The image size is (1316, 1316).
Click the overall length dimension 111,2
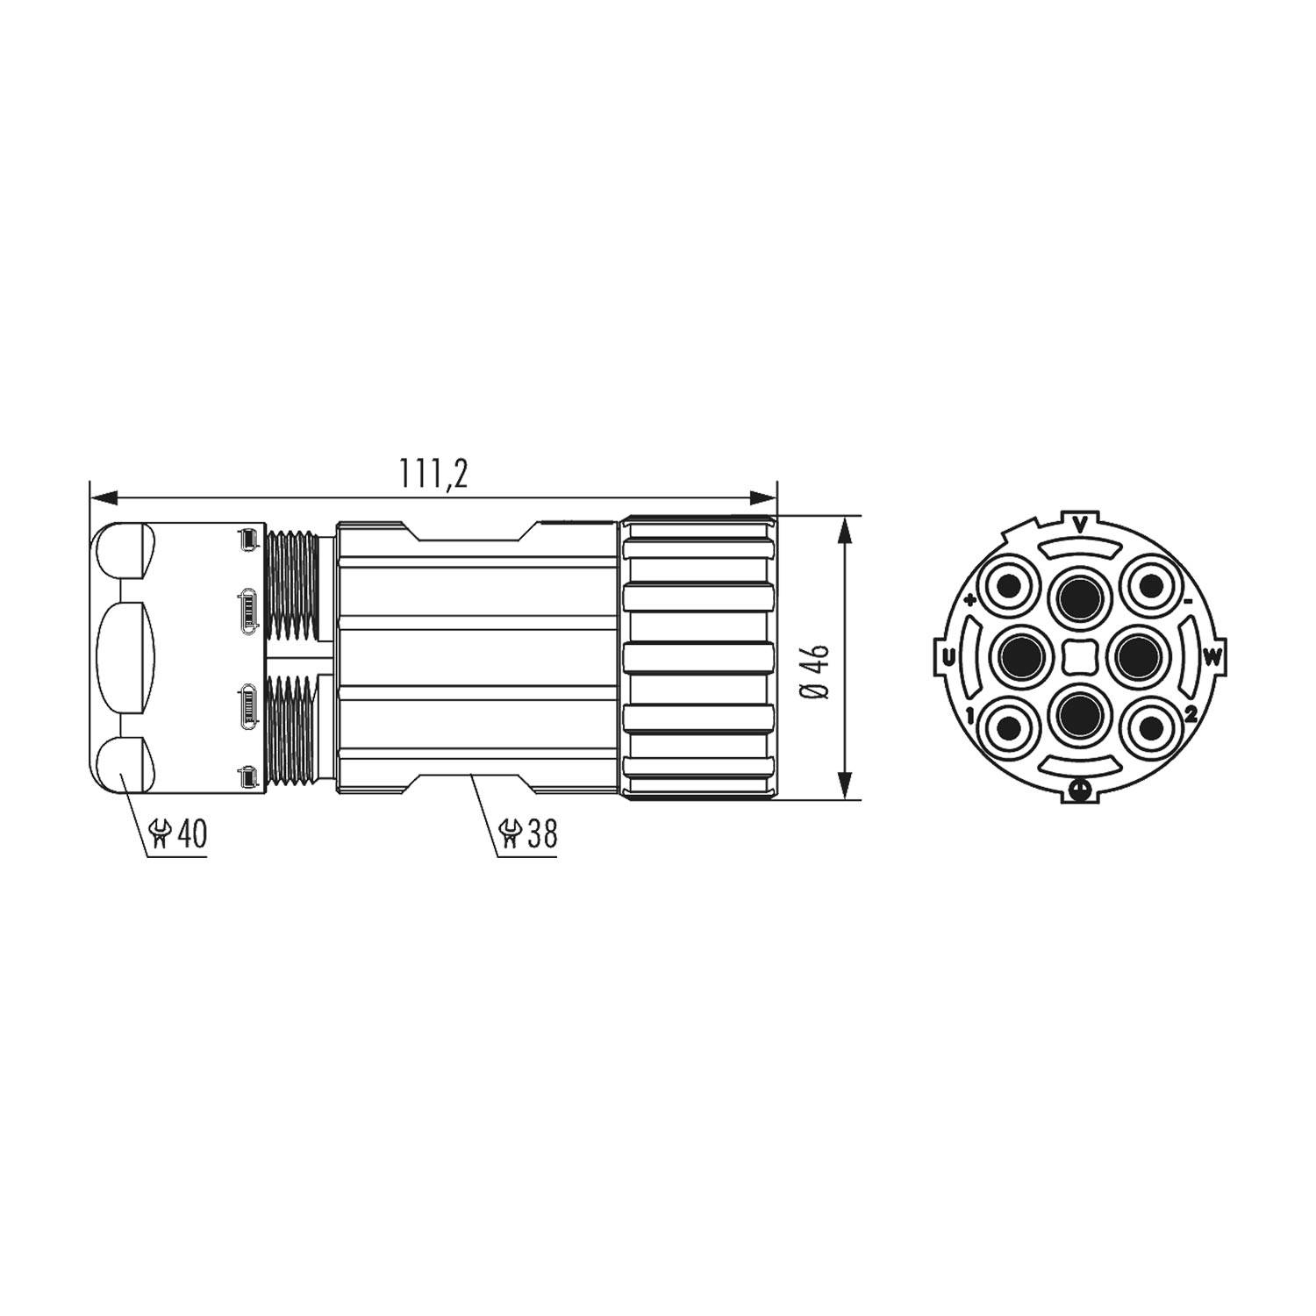[x=433, y=474]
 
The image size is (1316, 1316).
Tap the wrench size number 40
[x=192, y=833]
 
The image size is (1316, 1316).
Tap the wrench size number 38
[x=541, y=833]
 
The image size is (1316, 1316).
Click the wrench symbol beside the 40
[x=161, y=833]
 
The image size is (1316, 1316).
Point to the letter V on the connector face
[x=1080, y=526]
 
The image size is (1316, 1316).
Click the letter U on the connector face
[x=948, y=656]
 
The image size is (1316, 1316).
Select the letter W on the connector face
[x=1212, y=656]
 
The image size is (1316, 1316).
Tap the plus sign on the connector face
[x=969, y=601]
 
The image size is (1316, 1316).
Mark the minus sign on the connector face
[x=1187, y=602]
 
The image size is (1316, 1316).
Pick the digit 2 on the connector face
[x=1190, y=714]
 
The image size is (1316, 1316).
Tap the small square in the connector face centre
[x=1079, y=656]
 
